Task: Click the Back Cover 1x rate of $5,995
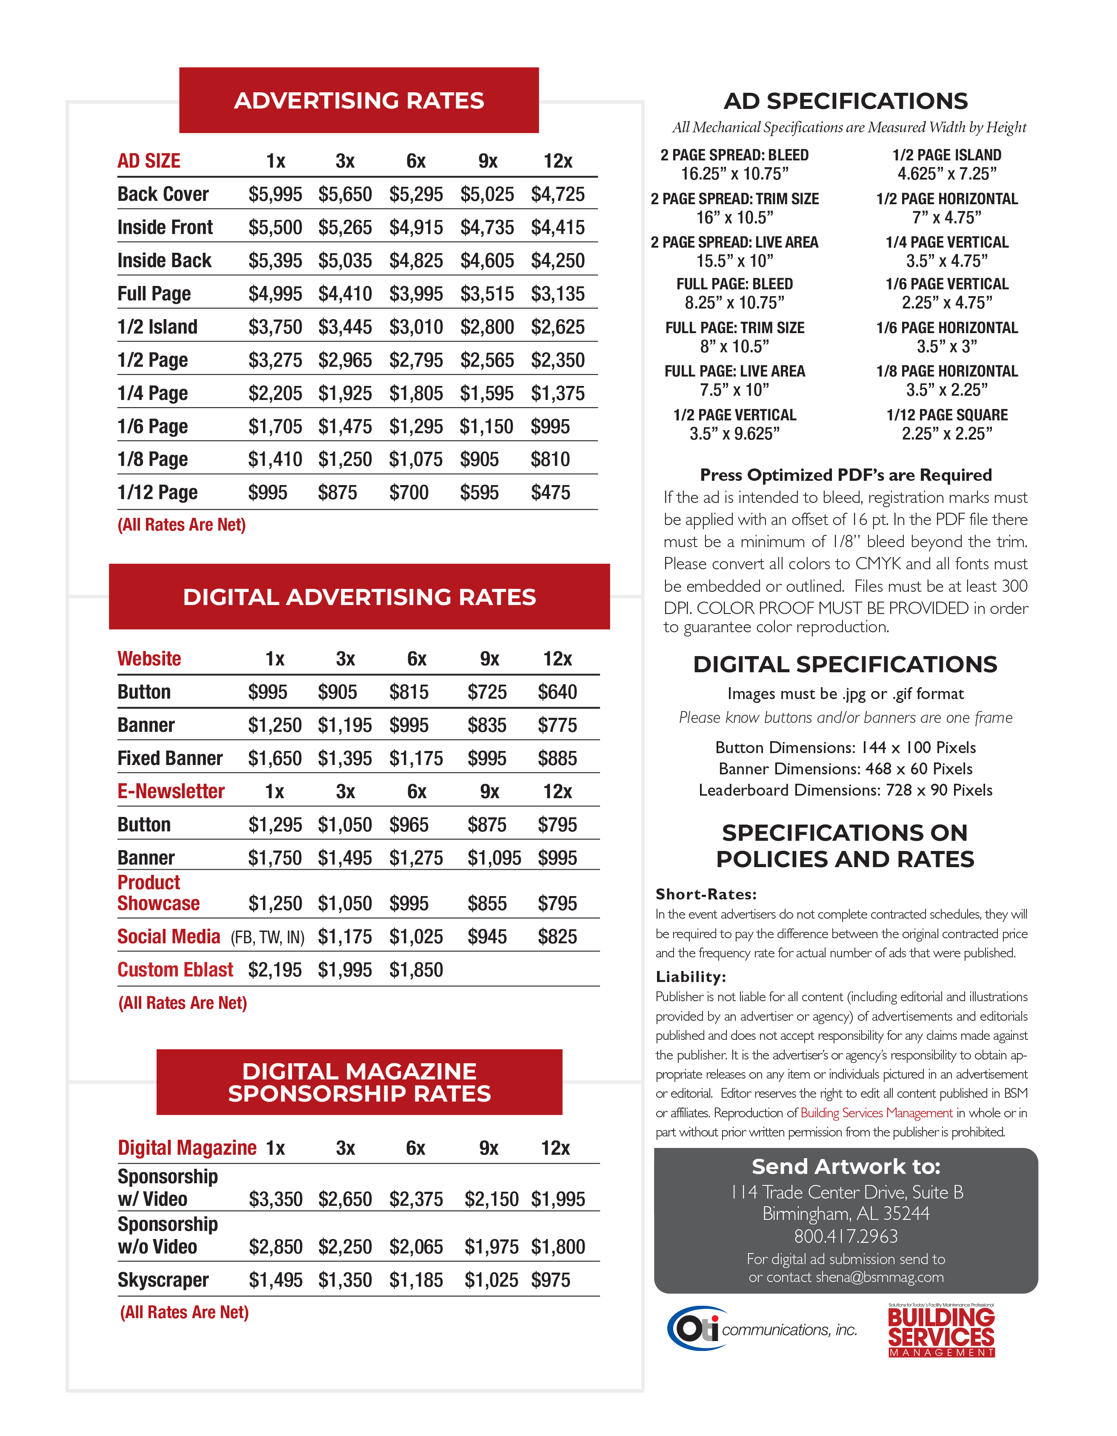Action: click(x=275, y=194)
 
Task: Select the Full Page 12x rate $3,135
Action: click(x=557, y=294)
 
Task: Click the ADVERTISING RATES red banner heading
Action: click(x=359, y=100)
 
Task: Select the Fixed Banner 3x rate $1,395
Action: click(x=345, y=758)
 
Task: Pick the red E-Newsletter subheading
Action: click(x=171, y=791)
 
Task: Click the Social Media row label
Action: click(x=169, y=936)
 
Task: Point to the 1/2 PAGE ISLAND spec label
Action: click(x=947, y=155)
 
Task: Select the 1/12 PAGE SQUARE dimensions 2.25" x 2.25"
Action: click(x=947, y=434)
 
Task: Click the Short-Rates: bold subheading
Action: click(x=706, y=894)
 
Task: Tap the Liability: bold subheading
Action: click(x=690, y=976)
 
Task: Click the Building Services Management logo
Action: click(x=941, y=1331)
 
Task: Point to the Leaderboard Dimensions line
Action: click(x=846, y=790)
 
